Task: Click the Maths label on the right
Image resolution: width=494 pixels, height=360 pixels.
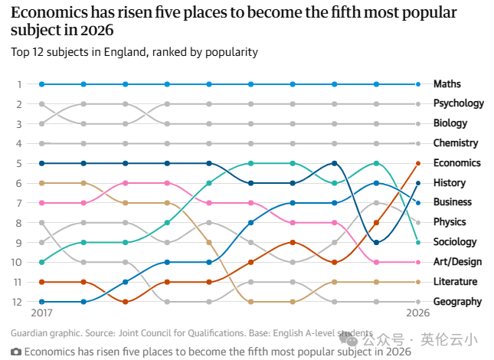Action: [447, 84]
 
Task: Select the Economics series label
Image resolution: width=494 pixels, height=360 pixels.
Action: [456, 163]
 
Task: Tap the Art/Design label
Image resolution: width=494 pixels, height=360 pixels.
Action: [457, 262]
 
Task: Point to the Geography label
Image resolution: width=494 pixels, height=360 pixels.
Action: [457, 302]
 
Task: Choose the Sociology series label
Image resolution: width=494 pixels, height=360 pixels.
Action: [455, 242]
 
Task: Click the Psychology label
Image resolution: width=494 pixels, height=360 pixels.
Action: [459, 103]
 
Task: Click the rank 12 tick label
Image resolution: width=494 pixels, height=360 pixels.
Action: [17, 302]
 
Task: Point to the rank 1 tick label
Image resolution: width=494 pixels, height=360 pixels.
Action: [19, 84]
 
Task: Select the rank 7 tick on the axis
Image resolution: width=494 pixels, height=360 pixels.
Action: [19, 203]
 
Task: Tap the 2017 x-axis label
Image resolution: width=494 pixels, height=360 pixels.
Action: [41, 313]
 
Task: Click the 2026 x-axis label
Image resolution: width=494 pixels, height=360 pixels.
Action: [417, 313]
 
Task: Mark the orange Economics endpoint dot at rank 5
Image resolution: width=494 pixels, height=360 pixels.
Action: [418, 163]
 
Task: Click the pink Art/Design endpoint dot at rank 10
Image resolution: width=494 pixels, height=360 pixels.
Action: [418, 262]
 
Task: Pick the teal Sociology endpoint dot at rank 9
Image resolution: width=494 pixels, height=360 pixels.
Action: [418, 243]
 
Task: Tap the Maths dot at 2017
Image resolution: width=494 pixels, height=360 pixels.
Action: [41, 84]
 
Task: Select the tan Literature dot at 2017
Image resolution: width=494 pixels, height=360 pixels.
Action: [41, 183]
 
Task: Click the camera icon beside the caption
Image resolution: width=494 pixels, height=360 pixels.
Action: [16, 352]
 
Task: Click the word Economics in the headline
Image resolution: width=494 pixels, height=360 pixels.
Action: [50, 13]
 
